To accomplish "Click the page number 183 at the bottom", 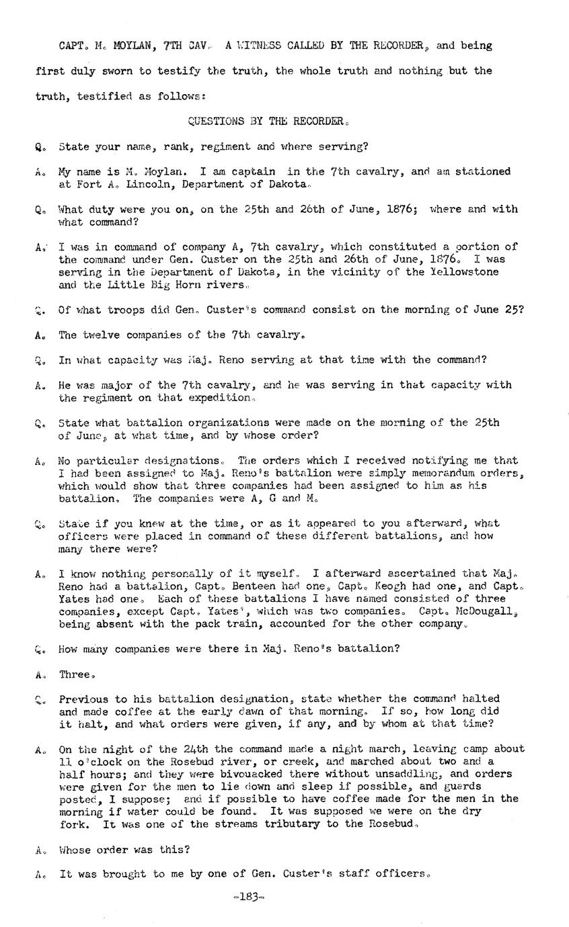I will (x=249, y=897).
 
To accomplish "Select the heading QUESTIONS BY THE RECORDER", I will (x=268, y=122).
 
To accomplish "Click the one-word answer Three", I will (x=74, y=674).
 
